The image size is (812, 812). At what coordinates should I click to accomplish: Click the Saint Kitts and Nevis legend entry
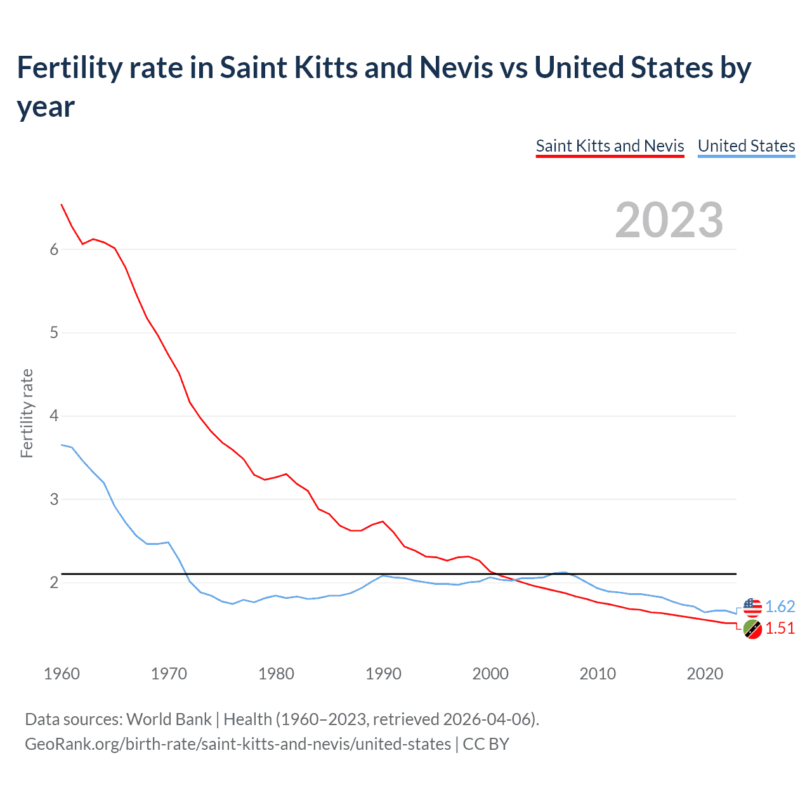(x=610, y=146)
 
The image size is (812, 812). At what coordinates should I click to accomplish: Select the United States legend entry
(x=746, y=146)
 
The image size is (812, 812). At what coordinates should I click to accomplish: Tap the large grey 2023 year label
(x=669, y=220)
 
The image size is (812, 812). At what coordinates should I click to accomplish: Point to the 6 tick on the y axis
(x=54, y=249)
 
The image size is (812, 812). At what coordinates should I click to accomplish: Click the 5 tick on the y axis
(x=54, y=332)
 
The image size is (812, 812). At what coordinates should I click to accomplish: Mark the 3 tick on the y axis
(x=54, y=499)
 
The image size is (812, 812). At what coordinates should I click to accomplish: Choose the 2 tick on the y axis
(x=54, y=582)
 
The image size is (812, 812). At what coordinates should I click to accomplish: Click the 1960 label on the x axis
(x=62, y=674)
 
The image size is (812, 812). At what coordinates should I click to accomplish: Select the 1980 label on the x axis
(x=276, y=674)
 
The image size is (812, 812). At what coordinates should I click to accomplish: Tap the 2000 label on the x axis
(x=490, y=674)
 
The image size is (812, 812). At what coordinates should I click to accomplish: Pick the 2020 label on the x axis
(x=705, y=674)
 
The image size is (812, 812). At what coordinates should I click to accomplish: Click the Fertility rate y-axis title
(x=27, y=413)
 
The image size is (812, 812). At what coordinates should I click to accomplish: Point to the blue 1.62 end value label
(x=780, y=607)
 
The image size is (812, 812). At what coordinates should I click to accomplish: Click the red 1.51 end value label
(x=780, y=629)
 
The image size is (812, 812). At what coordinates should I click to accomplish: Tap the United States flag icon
(x=752, y=607)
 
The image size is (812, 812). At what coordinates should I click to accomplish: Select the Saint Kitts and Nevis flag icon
(x=752, y=629)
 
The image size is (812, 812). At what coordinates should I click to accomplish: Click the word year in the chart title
(x=46, y=107)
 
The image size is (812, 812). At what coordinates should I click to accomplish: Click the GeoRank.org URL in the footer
(x=238, y=743)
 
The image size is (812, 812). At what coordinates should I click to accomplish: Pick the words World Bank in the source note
(x=169, y=719)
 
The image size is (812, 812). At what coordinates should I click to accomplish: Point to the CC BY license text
(x=486, y=743)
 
